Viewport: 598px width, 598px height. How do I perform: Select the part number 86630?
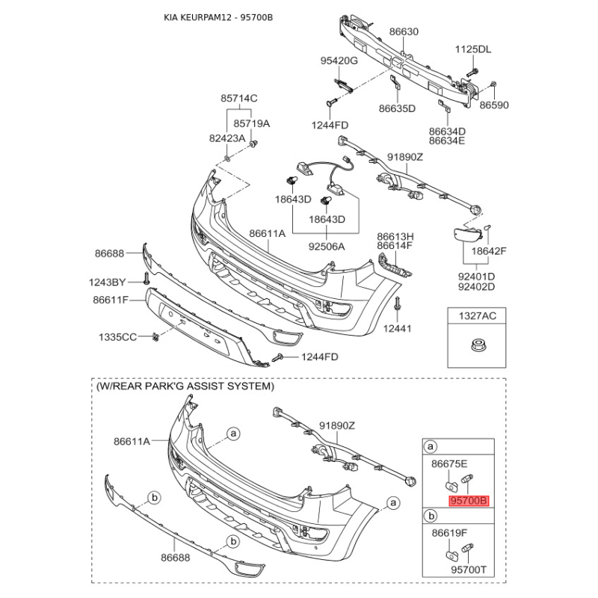[x=404, y=32]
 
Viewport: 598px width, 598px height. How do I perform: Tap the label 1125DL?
[x=474, y=49]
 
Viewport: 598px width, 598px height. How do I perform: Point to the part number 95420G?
[x=339, y=60]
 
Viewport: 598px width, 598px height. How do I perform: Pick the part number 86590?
[x=494, y=105]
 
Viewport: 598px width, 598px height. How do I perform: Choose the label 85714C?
[x=238, y=98]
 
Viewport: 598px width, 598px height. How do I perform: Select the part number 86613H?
[x=395, y=235]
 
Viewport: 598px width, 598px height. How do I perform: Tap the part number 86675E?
[x=450, y=463]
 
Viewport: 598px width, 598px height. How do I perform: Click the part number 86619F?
[x=450, y=533]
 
